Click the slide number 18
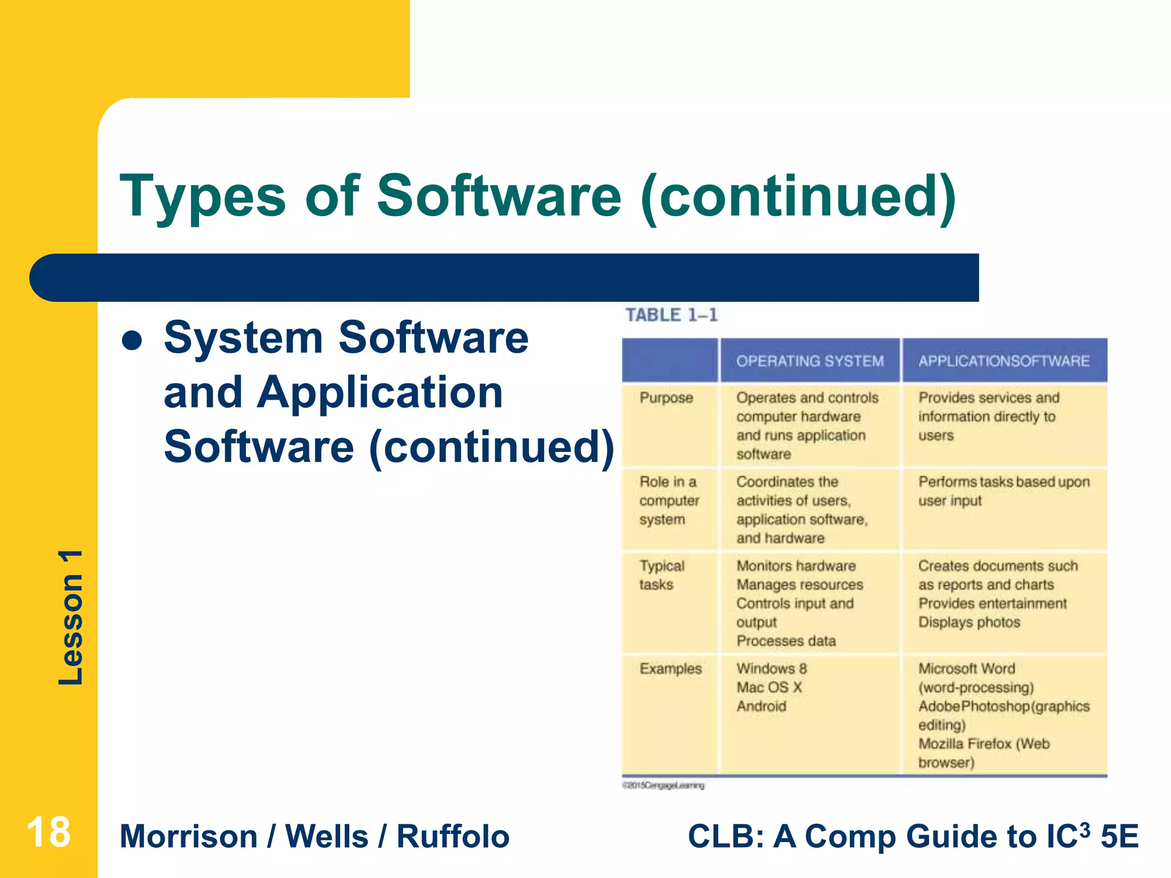(49, 832)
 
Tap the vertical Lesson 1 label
(71, 617)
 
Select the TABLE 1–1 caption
(671, 315)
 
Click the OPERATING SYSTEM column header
(810, 361)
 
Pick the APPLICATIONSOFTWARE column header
(1003, 361)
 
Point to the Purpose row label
(666, 398)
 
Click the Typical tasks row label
(662, 575)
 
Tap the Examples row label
(670, 669)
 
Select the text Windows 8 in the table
(771, 669)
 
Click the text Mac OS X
(769, 688)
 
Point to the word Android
(761, 707)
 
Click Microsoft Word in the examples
(966, 669)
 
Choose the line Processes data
(786, 641)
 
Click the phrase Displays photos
(969, 622)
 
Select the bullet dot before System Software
(132, 341)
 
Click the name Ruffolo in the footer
(452, 837)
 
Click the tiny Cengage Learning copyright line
(663, 786)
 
